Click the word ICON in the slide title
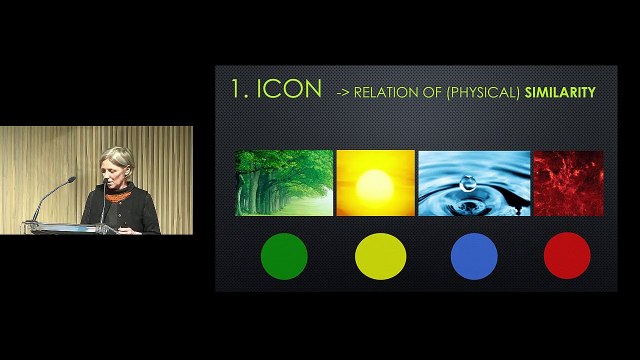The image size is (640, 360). [289, 89]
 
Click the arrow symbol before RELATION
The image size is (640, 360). [342, 92]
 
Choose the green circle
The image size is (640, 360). [284, 255]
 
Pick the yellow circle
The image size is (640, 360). [380, 255]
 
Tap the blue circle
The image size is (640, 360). [474, 255]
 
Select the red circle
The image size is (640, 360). [567, 255]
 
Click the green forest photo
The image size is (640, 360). [284, 183]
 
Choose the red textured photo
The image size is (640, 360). [568, 183]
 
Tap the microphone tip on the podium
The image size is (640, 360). [72, 179]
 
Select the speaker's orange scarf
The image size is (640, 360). [118, 193]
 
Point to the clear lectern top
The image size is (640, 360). [60, 227]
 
